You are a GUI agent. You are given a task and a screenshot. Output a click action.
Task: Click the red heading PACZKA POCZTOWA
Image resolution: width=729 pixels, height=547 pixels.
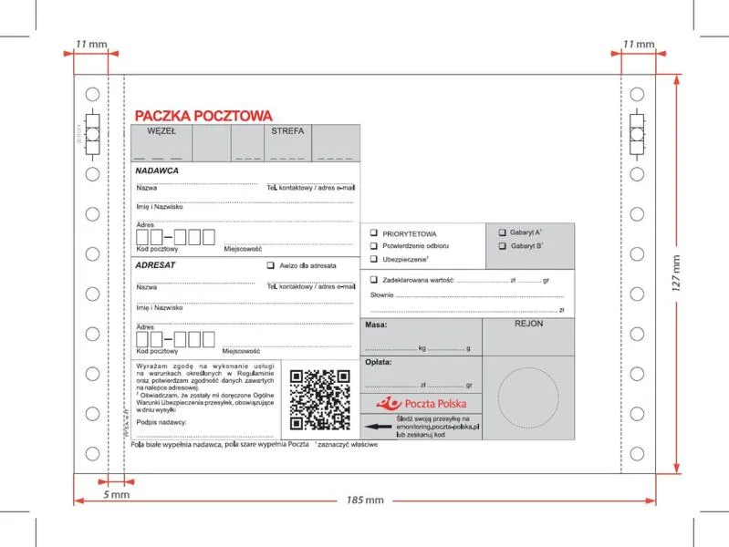(203, 116)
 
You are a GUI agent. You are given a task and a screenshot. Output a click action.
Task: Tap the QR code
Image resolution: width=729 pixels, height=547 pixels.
(319, 399)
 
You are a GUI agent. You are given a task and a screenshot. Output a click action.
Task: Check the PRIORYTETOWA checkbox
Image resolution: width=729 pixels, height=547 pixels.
(373, 233)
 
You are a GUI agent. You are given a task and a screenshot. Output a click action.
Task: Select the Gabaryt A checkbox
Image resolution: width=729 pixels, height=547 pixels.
(502, 232)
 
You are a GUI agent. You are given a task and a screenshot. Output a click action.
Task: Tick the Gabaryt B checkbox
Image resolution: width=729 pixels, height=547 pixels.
(502, 245)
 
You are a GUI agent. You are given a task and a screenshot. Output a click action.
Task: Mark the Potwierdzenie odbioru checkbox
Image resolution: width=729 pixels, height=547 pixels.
(373, 246)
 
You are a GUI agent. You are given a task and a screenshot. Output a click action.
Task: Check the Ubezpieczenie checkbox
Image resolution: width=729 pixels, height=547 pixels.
(373, 259)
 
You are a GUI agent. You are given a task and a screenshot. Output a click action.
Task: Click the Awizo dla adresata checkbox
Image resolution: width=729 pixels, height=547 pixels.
(270, 265)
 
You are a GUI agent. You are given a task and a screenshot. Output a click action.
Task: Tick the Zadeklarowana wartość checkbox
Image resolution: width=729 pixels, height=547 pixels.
(373, 280)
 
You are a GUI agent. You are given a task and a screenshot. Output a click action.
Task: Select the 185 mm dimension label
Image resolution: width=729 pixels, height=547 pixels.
(365, 501)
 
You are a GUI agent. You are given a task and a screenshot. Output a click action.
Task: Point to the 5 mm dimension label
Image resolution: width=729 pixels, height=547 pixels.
(116, 494)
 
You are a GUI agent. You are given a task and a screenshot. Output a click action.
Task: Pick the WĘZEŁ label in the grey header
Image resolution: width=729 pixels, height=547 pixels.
(161, 131)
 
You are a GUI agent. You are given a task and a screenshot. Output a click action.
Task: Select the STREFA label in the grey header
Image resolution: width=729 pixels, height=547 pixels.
(287, 131)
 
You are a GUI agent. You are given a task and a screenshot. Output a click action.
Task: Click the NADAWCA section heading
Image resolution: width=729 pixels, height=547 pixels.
(157, 170)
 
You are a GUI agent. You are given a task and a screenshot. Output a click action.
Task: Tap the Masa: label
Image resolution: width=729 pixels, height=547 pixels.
(377, 325)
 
